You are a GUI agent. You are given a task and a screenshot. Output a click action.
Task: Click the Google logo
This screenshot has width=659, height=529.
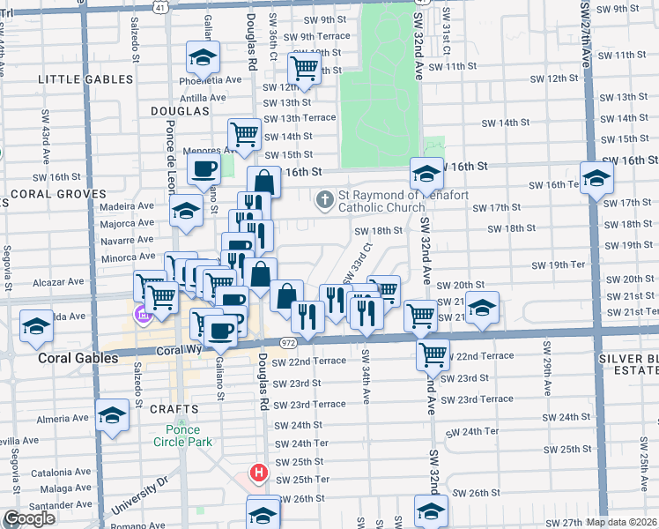tap(29, 518)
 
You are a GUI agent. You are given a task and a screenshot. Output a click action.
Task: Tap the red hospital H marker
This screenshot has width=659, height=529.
tap(258, 473)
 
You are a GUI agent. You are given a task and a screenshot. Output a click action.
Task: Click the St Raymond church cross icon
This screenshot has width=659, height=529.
tap(325, 199)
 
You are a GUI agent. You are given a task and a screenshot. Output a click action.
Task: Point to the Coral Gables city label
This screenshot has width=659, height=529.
tap(78, 359)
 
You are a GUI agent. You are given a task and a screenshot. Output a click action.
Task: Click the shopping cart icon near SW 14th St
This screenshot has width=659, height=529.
tap(244, 134)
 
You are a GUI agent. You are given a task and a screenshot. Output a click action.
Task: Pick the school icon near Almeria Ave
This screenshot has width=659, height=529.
tap(112, 414)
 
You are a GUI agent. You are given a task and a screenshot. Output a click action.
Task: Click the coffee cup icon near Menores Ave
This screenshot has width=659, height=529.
tap(204, 168)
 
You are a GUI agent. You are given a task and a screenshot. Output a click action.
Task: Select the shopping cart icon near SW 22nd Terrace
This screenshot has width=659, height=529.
tap(433, 354)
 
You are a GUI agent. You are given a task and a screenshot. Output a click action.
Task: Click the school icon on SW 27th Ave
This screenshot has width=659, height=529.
tap(596, 178)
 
